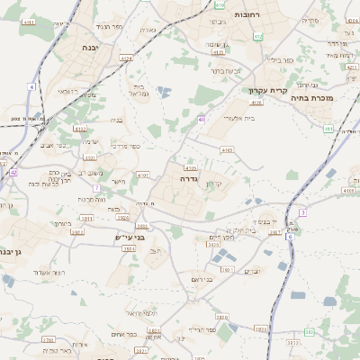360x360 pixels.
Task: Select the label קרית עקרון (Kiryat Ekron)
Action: click(267, 90)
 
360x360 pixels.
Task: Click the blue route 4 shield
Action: click(31, 86)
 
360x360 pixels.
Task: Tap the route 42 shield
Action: click(13, 171)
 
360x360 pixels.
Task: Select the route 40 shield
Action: click(202, 119)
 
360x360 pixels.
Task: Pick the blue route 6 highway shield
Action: click(303, 211)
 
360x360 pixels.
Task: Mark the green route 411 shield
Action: click(328, 129)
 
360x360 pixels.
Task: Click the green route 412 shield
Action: click(258, 35)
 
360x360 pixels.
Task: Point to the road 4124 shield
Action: click(125, 58)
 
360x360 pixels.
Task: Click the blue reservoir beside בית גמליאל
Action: click(163, 91)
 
